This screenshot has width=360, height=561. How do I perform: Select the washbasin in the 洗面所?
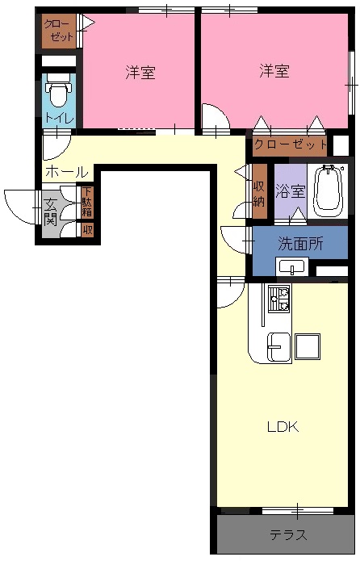pyautogui.click(x=292, y=266)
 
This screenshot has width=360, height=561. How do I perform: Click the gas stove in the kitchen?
pyautogui.click(x=279, y=299)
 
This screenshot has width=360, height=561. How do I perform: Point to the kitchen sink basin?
pyautogui.click(x=278, y=346)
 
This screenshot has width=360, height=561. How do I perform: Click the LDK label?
pyautogui.click(x=283, y=427)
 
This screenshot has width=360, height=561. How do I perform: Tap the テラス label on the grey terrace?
pyautogui.click(x=287, y=536)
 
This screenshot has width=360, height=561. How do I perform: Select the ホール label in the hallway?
pyautogui.click(x=66, y=173)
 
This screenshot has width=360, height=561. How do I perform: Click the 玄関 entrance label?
pyautogui.click(x=51, y=211)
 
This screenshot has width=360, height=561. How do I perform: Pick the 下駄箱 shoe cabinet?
pyautogui.click(x=86, y=203)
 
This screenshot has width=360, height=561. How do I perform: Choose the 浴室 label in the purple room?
pyautogui.click(x=291, y=190)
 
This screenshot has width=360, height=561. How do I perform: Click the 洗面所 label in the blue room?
pyautogui.click(x=300, y=244)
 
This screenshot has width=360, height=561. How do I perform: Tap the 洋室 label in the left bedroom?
pyautogui.click(x=140, y=73)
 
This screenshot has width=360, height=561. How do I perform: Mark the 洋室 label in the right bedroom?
pyautogui.click(x=274, y=70)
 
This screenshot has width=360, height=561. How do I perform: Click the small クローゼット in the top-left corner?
pyautogui.click(x=59, y=31)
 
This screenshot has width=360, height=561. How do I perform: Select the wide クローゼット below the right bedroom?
pyautogui.click(x=290, y=145)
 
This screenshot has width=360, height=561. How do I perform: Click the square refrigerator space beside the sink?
pyautogui.click(x=308, y=346)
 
